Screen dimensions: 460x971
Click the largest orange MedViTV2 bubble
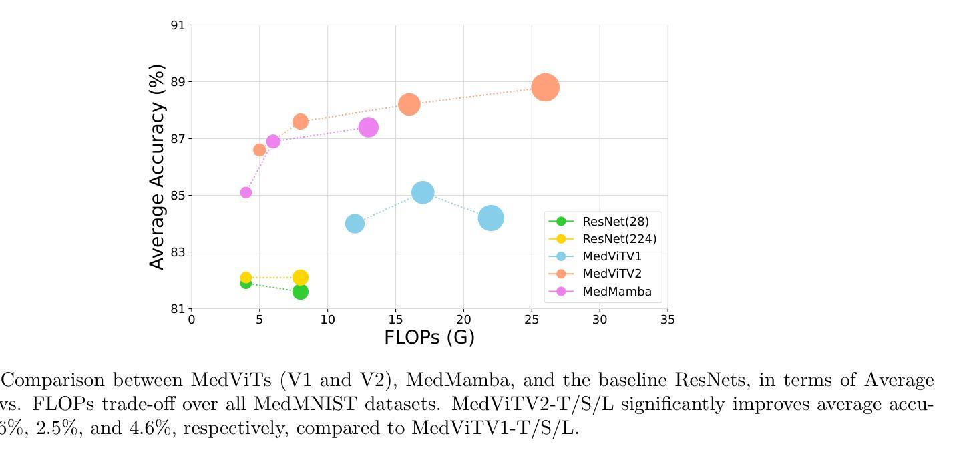coord(545,87)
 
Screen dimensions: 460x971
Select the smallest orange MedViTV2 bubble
coord(259,150)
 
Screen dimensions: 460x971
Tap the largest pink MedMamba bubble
coord(368,127)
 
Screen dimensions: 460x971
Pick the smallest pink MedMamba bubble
coord(246,192)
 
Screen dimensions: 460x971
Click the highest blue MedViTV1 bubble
coord(422,192)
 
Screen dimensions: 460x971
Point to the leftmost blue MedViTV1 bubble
coord(355,224)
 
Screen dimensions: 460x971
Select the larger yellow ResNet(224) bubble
coord(300,278)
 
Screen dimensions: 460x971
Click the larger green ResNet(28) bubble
coord(300,292)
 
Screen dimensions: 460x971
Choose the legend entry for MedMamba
coord(616,292)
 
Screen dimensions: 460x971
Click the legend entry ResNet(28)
coord(615,222)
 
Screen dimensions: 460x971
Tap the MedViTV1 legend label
coord(612,256)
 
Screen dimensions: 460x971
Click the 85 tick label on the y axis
coord(178,196)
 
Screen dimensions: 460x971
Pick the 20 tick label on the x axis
coord(463,320)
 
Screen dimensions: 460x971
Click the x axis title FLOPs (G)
coord(429,338)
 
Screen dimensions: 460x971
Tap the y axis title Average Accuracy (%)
coord(157,167)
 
